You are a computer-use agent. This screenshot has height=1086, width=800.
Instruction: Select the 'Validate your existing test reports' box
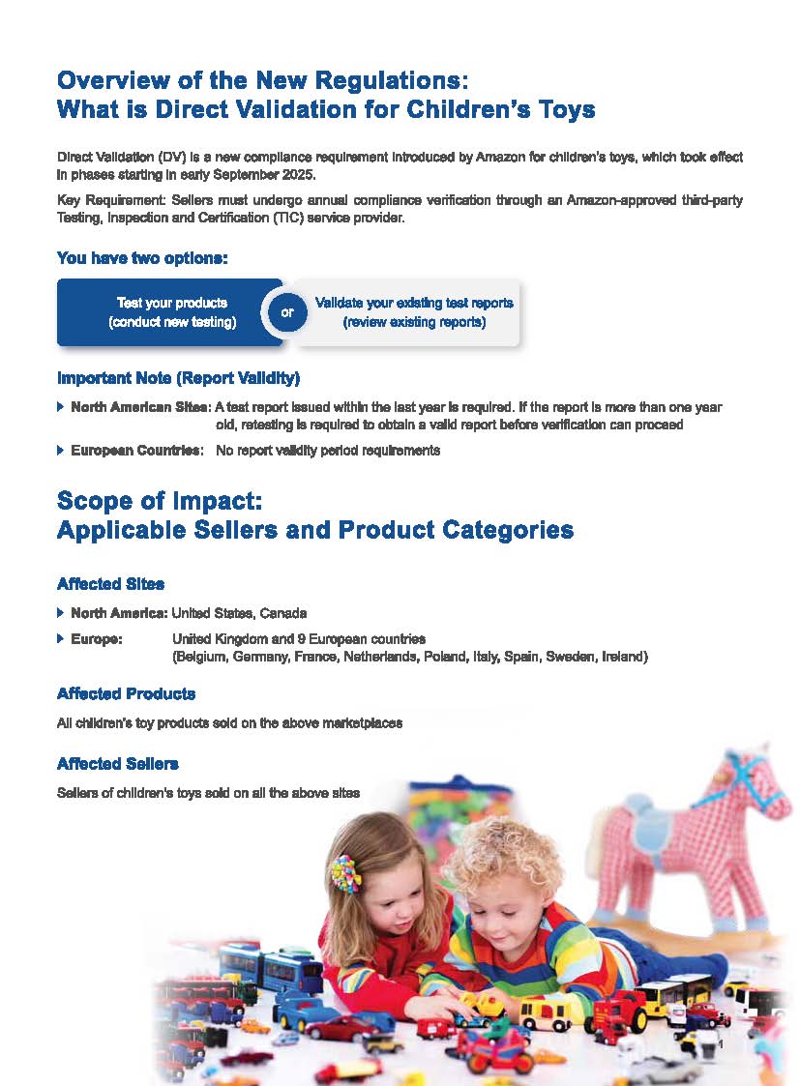coord(413,312)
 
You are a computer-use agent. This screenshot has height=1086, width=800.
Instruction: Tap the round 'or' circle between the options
coord(286,312)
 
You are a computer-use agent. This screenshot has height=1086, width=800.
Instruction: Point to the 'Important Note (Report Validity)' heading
coord(185,377)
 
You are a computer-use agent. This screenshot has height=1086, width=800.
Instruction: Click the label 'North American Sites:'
coord(140,407)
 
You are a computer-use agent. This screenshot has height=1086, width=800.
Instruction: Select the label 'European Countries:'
coord(136,450)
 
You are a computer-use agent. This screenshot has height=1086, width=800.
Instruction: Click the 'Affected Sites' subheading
coord(110,584)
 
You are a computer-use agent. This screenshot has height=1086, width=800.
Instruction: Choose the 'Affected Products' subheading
coord(126,693)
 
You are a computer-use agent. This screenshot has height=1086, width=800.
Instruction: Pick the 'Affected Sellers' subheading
coord(117,764)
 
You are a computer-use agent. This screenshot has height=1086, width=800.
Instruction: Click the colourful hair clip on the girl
coord(344,872)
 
